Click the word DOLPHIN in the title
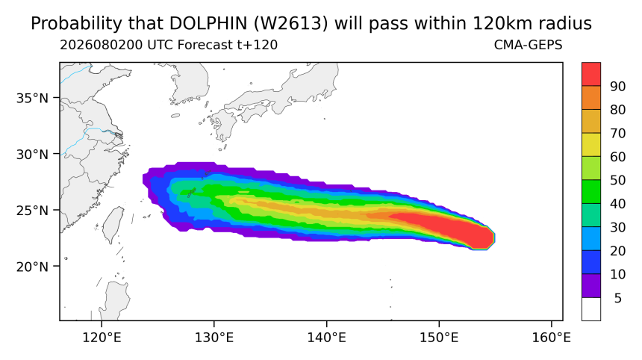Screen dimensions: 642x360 [208, 23]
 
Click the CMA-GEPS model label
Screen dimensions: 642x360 [529, 45]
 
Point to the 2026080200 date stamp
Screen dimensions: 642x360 [101, 45]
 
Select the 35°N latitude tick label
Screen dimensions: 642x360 [32, 99]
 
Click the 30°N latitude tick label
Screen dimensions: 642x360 [32, 155]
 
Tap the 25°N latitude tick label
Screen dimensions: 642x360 [32, 211]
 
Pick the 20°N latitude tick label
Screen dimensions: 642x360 [32, 267]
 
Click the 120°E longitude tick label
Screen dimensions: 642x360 [102, 338]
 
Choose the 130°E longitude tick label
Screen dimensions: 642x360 [214, 338]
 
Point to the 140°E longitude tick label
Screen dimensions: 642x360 [327, 338]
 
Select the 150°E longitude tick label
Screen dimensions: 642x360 [439, 338]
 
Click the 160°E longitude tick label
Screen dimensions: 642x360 [551, 338]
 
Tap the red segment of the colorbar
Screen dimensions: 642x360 [591, 74]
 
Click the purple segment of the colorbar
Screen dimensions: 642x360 [591, 285]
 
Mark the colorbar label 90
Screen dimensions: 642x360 [618, 87]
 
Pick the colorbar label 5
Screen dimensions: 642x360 [618, 298]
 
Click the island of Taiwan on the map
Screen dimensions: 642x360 [113, 224]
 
